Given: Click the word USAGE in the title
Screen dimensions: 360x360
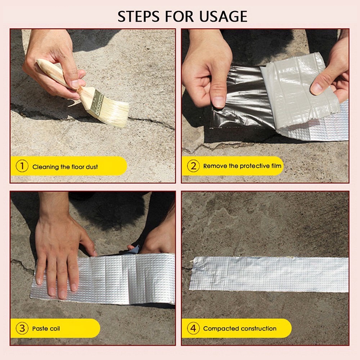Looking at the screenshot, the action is [223, 16].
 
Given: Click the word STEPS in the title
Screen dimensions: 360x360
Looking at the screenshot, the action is [139, 16].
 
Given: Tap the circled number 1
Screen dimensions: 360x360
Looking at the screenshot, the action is [22, 166].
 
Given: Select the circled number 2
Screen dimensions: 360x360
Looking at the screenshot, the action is [193, 166].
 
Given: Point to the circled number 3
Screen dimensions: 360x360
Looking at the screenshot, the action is [22, 328].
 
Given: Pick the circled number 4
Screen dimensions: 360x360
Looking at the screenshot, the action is [193, 328].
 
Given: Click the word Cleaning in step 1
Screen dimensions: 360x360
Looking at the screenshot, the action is [45, 167].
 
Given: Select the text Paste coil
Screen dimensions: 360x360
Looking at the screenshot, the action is [46, 329].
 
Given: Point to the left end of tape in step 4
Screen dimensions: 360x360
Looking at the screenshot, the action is [192, 273].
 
